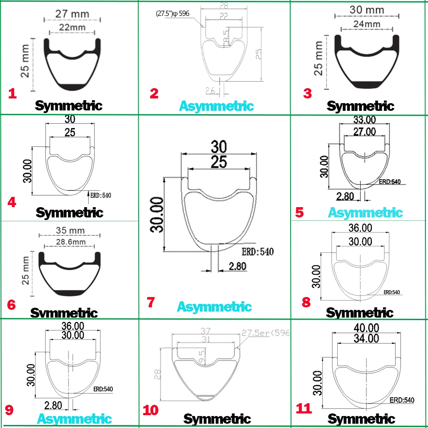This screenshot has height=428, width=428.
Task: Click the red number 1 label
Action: [13, 93]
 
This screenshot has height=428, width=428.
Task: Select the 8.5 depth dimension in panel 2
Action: [227, 36]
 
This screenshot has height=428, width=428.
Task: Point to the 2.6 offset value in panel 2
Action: [210, 90]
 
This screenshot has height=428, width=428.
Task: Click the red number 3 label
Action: [308, 93]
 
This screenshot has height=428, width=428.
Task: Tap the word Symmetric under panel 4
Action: [69, 212]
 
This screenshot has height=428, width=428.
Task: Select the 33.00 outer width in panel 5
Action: [364, 121]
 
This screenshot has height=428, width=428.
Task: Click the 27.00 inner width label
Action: [364, 131]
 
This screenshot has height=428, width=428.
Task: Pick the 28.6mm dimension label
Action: [71, 242]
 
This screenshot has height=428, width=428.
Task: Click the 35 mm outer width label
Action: [71, 230]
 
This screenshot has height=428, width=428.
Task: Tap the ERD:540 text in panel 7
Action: [257, 251]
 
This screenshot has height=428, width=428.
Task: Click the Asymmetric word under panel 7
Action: [214, 307]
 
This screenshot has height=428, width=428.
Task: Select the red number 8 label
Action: [306, 302]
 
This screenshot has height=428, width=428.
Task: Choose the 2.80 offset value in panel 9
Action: [53, 405]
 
